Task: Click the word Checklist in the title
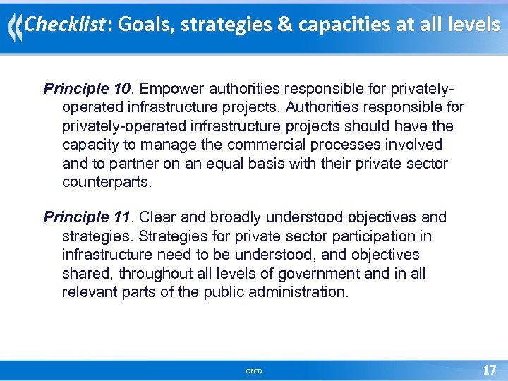64,25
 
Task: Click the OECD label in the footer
254,371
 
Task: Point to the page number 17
489,370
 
